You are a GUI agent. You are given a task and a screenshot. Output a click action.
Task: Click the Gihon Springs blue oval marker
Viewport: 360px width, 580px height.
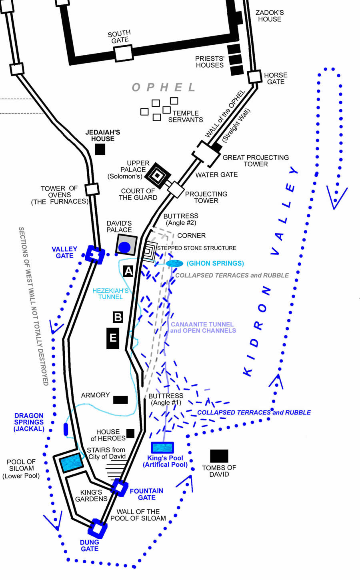point(174,264)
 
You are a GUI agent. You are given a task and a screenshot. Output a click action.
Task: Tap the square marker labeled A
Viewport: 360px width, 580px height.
point(128,272)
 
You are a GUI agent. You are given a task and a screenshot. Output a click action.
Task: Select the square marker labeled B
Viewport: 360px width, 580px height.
point(118,317)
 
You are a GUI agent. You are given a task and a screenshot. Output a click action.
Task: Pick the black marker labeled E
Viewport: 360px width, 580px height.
point(113,338)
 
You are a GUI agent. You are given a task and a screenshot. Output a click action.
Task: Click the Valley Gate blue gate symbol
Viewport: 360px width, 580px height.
point(95,254)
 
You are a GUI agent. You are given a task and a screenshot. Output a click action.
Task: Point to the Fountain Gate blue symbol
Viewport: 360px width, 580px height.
point(120,488)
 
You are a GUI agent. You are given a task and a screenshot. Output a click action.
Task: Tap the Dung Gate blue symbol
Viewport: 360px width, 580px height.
point(98,529)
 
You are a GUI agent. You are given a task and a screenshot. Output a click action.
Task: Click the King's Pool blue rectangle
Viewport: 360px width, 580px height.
point(162,448)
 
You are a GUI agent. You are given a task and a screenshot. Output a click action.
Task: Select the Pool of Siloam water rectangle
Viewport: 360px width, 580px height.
point(71,462)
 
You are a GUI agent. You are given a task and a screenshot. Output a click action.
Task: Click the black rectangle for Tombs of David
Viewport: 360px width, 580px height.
point(219,456)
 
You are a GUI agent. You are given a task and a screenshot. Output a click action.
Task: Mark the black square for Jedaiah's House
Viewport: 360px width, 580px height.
point(100,149)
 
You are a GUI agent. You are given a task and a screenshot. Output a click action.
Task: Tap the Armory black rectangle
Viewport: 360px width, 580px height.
point(120,400)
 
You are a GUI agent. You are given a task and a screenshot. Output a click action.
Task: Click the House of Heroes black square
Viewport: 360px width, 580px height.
point(130,433)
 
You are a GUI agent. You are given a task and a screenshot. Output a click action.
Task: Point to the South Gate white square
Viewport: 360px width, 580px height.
point(123,53)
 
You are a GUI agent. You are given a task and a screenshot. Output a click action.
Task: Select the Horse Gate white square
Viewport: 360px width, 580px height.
point(255,77)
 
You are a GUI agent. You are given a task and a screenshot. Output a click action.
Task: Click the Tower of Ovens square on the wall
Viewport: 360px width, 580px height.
point(92,189)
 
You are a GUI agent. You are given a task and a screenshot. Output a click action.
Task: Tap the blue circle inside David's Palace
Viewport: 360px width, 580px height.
point(125,247)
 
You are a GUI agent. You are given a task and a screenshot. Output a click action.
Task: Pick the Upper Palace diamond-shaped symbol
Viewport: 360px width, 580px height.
point(158,175)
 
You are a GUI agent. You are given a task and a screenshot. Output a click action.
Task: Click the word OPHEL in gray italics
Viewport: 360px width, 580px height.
point(164,87)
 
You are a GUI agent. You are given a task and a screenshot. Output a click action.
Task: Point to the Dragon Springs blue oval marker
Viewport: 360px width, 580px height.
point(66,429)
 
